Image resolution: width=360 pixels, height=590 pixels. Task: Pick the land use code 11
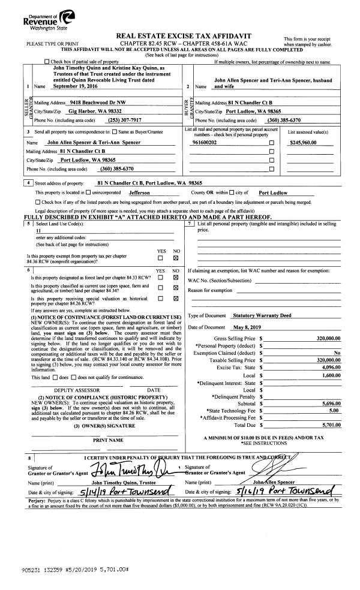point(38,230)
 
